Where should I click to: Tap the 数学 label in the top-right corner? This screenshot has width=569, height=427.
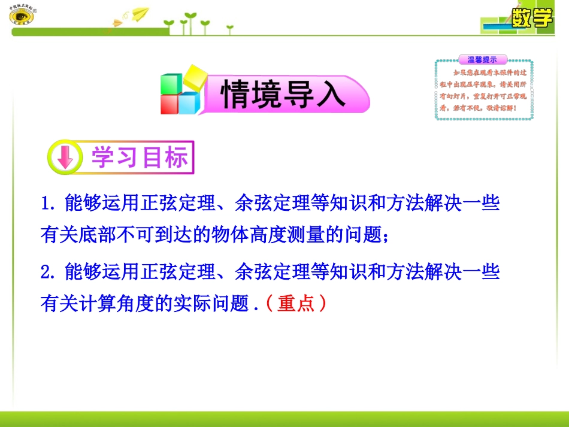click(531, 18)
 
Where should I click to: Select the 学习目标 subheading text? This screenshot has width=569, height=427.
click(140, 158)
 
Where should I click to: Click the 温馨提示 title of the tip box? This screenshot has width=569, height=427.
click(482, 59)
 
